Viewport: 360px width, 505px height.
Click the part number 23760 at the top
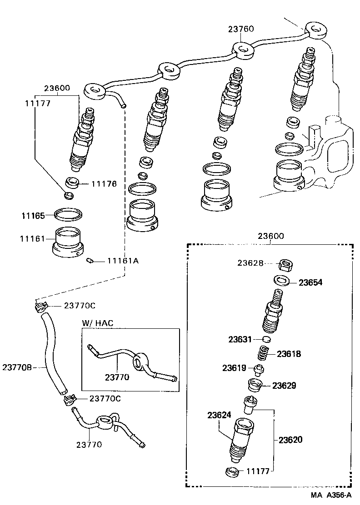click(241, 29)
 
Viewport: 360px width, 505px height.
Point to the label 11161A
click(123, 261)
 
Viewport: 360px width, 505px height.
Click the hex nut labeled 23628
click(285, 263)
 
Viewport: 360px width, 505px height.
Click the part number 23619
click(234, 368)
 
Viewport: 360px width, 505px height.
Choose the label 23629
click(284, 386)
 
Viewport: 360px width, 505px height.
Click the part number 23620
click(290, 440)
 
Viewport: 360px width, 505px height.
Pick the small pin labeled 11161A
click(90, 261)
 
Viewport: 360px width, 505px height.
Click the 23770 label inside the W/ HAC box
click(117, 376)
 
